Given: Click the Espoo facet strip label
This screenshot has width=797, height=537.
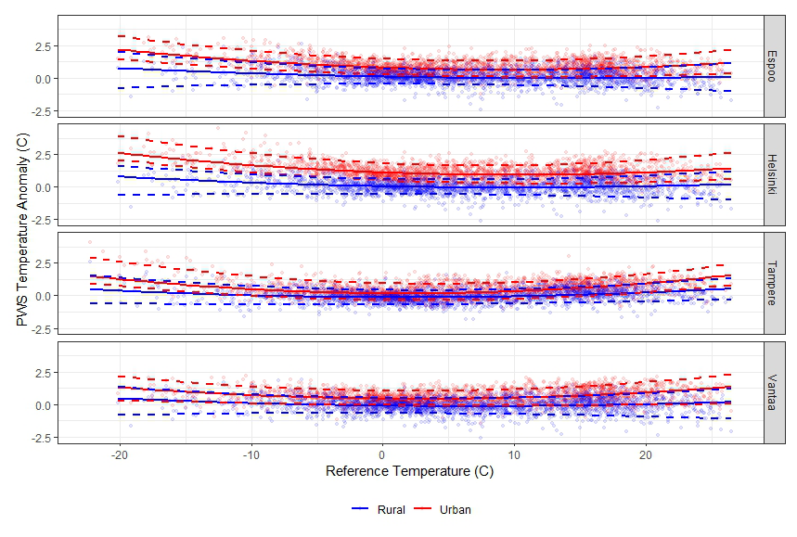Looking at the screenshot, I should tap(775, 66).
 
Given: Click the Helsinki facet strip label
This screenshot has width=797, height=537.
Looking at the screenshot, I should tap(775, 174).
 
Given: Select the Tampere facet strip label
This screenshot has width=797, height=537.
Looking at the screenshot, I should tap(775, 283).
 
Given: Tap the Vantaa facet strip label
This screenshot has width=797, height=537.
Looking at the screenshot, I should tap(775, 391).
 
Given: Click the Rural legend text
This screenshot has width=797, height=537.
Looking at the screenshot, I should tap(392, 509).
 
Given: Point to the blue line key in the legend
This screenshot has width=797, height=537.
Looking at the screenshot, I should tap(362, 509).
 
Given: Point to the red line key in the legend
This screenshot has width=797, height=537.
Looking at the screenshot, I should tap(423, 509).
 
